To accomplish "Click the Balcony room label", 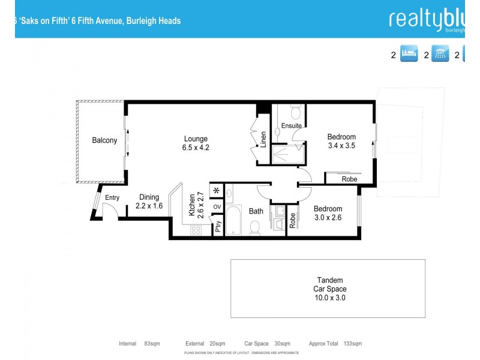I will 104,140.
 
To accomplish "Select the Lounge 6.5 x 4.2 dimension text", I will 196,147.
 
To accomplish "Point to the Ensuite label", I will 292,125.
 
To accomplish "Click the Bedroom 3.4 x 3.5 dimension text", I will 341,145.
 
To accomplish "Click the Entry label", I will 112,198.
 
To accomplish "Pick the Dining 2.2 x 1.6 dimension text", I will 148,206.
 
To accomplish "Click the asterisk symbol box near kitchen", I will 217,191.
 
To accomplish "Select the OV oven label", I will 217,208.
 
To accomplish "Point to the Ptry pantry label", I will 218,227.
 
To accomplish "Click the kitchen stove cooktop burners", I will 196,230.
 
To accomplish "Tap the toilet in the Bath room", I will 254,227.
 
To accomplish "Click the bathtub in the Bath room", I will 233,221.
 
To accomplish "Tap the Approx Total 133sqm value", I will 353,344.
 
